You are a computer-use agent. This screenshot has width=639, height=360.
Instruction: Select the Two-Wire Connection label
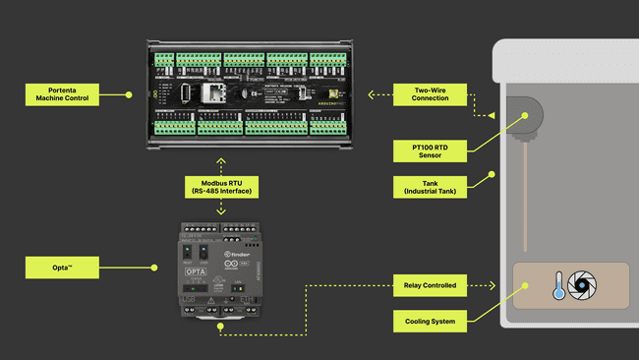[x=431, y=94]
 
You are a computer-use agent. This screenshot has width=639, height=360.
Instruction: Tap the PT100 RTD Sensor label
[x=431, y=150]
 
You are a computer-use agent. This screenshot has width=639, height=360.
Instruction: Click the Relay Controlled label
[x=431, y=286]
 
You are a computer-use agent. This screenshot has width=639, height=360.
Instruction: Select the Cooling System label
[x=431, y=321]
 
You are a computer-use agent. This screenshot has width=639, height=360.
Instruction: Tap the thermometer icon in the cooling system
[x=557, y=286]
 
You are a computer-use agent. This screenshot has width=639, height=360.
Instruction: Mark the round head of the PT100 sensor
[x=525, y=115]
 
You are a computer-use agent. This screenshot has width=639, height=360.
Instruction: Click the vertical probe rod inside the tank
[x=528, y=197]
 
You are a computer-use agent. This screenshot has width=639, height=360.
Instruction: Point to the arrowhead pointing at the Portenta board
[x=372, y=94]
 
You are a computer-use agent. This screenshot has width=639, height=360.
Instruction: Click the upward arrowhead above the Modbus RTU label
[x=222, y=158]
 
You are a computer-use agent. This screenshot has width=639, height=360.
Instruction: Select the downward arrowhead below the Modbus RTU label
[x=222, y=212]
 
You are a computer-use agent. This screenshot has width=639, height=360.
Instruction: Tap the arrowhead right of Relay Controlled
[x=491, y=286]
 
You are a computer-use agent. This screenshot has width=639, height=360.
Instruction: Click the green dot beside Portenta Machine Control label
[x=128, y=94]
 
